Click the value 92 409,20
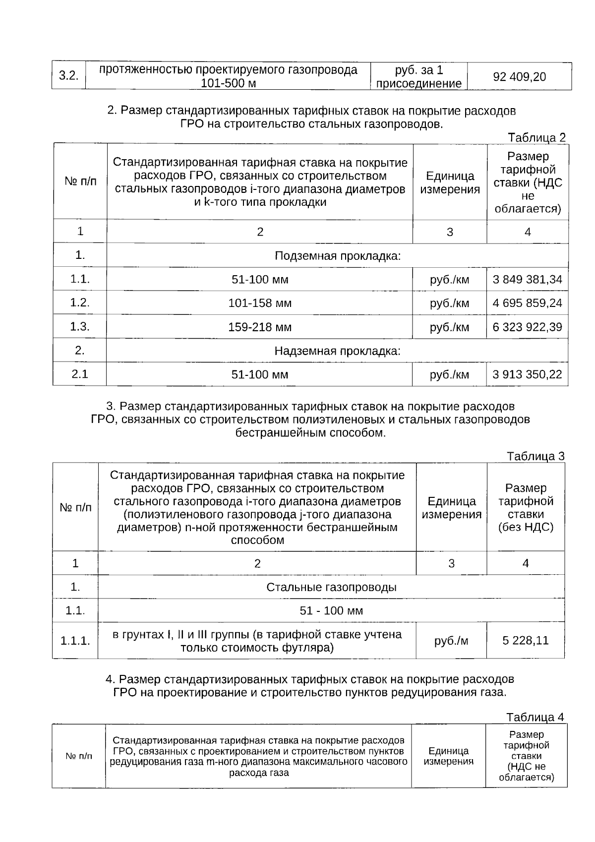tap(519, 77)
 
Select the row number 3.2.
tap(69, 76)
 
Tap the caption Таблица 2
tap(536, 137)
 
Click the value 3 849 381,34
tap(527, 279)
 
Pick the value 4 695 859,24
tap(527, 303)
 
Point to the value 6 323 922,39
tap(527, 327)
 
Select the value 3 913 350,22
tap(527, 374)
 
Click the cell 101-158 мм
tap(260, 303)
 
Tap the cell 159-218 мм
tap(260, 327)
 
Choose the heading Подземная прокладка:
tap(337, 256)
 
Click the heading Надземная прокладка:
tap(337, 351)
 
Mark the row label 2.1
tap(80, 374)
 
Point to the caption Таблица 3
tap(535, 456)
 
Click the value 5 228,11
tap(526, 640)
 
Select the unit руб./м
tap(451, 641)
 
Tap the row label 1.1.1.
tap(75, 641)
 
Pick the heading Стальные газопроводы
tap(331, 588)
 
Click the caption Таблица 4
tap(535, 717)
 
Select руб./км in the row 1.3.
tap(449, 327)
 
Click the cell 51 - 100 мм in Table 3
tap(331, 611)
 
